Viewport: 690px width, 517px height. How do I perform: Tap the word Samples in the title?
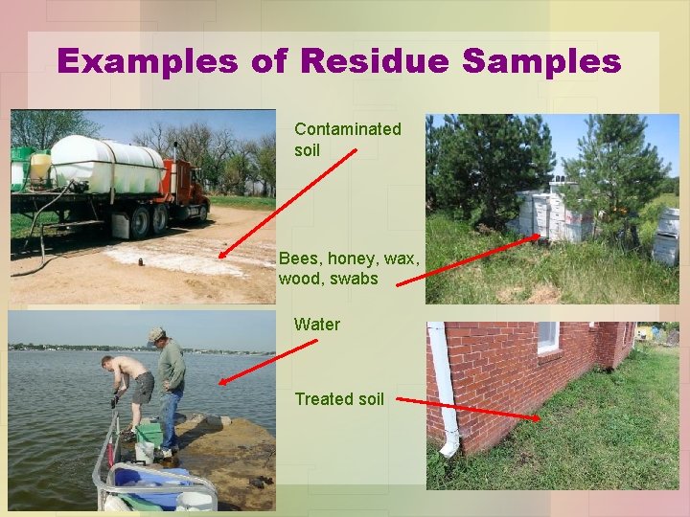tap(541, 61)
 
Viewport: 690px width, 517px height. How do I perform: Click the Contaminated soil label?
tap(347, 140)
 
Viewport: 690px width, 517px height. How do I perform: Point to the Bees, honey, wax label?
tap(349, 269)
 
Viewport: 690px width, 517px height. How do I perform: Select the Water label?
tap(316, 325)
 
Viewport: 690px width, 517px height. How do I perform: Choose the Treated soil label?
tap(338, 399)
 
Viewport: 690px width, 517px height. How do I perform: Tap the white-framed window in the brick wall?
tap(548, 337)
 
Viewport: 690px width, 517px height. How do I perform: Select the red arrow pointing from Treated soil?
tap(467, 408)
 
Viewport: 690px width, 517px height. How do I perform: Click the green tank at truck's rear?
tap(22, 168)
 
